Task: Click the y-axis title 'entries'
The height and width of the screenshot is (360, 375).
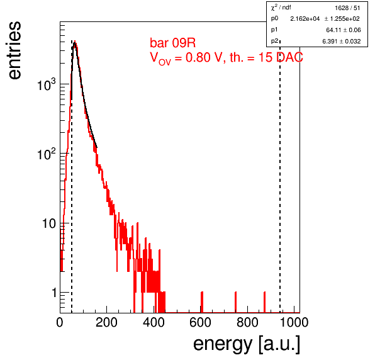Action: tap(14, 50)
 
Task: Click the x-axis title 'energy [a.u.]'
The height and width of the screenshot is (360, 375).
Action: tap(247, 344)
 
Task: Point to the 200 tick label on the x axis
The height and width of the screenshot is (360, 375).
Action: tap(106, 322)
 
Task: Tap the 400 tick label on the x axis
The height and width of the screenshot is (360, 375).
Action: tap(154, 322)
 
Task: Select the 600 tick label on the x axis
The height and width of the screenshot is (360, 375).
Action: tap(201, 322)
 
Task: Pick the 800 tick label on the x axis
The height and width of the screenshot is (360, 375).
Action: tap(247, 322)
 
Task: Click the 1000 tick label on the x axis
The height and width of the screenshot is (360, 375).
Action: tap(294, 322)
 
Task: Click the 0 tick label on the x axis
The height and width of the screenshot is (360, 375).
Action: tap(60, 322)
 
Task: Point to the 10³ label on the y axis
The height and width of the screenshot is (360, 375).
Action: tap(47, 84)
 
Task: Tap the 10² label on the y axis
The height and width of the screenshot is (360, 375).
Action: tap(47, 154)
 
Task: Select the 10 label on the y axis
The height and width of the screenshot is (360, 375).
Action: tap(49, 223)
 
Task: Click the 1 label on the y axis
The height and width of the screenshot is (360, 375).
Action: tap(54, 293)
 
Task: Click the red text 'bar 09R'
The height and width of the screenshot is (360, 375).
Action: tap(172, 43)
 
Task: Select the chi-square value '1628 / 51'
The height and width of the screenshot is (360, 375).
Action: tap(347, 8)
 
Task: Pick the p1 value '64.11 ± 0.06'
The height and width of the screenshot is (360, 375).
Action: tap(344, 30)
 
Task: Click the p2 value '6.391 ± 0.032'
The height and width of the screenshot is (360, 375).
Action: tap(342, 42)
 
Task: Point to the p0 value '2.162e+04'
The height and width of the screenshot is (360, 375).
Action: tap(305, 19)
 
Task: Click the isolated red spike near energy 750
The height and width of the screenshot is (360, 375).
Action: tap(236, 302)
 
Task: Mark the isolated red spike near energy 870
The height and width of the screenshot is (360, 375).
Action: tap(264, 302)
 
